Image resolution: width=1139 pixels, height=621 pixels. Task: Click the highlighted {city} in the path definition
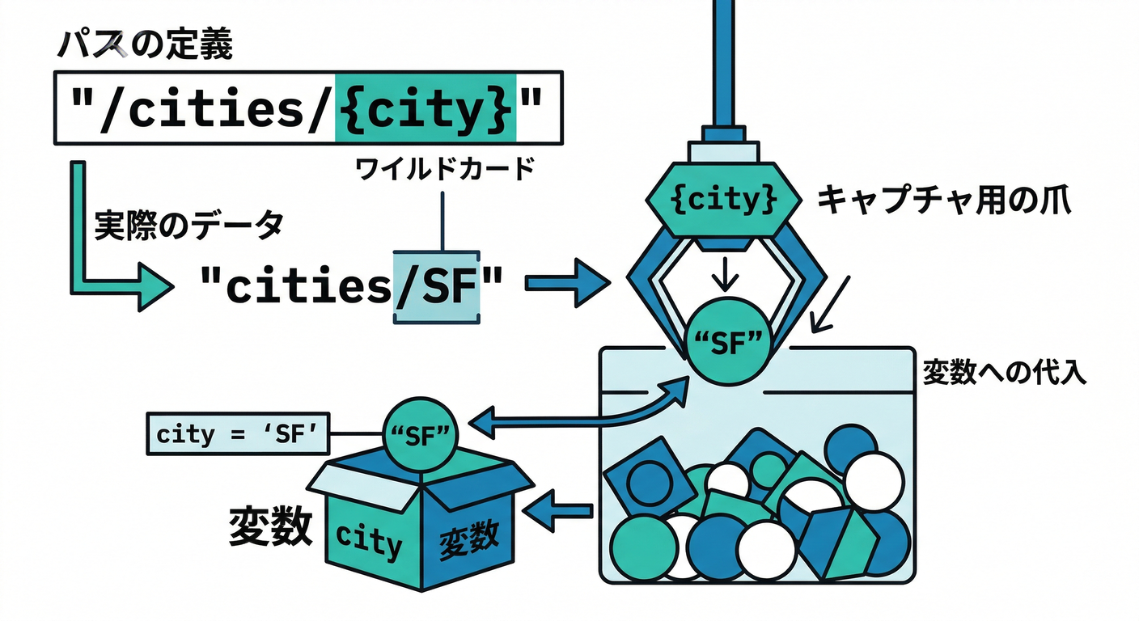tap(426, 107)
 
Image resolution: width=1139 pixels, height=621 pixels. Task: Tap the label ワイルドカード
tap(444, 169)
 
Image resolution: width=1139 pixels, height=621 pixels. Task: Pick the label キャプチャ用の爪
tap(943, 199)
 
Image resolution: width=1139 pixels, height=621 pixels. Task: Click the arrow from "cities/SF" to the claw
tap(565, 284)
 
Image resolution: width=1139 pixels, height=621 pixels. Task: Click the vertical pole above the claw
tap(722, 57)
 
